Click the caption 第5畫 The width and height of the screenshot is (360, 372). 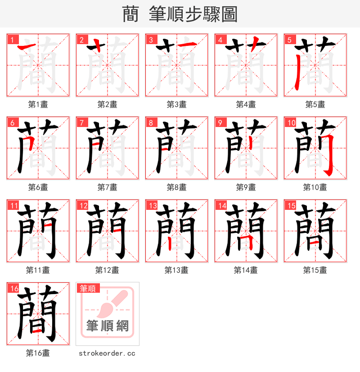pos(315,104)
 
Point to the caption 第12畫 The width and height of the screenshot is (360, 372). pos(107,270)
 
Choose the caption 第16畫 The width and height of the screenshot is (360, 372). pos(38,353)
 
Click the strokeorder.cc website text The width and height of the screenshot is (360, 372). pos(107,354)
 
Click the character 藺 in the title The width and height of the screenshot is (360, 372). pos(130,14)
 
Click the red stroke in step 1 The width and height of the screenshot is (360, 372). pos(27,46)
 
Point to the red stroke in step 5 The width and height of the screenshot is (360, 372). pos(297,72)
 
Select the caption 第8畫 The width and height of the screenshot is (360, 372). pos(176,187)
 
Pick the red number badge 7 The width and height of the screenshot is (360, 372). pos(81,122)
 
